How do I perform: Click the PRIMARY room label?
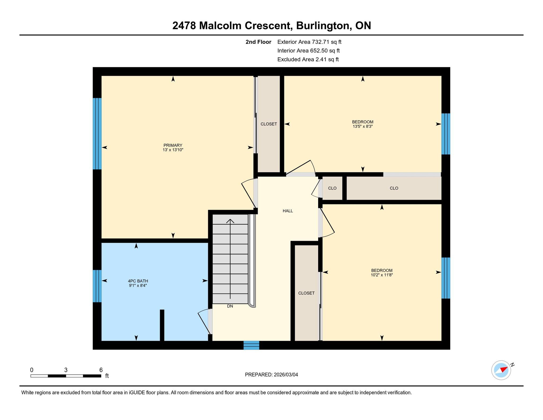(173, 145)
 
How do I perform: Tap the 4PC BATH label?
(138, 281)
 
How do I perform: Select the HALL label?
(288, 211)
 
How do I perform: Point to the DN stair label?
(230, 306)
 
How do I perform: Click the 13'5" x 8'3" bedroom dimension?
(363, 126)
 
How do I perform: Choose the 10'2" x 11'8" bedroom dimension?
(382, 275)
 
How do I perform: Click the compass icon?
(501, 370)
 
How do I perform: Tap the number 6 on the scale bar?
(101, 370)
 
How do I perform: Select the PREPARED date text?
(271, 375)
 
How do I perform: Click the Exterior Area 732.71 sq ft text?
(309, 42)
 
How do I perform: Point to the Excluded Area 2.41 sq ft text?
(308, 59)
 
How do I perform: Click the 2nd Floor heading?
(259, 42)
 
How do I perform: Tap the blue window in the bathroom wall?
(97, 286)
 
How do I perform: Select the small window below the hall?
(251, 345)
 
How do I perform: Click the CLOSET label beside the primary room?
(269, 124)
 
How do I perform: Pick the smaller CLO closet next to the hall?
(332, 188)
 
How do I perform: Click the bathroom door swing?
(205, 321)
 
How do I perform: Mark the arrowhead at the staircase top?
(230, 221)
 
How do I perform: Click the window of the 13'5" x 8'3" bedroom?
(446, 134)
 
